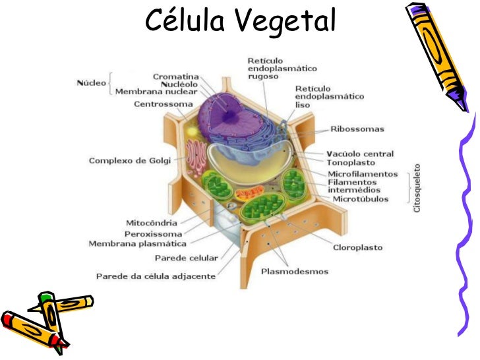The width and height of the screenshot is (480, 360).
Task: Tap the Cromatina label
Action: point(176,76)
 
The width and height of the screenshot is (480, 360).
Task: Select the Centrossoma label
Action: point(164,104)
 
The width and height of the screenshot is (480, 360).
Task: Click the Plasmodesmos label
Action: point(295,271)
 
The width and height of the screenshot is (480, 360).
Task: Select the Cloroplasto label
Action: point(357,248)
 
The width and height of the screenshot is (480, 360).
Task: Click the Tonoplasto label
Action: point(351,162)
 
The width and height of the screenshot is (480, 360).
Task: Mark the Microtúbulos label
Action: point(361,198)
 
